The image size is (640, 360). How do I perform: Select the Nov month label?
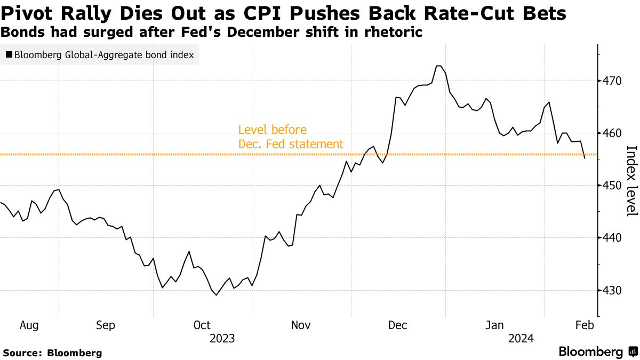coord(301,325)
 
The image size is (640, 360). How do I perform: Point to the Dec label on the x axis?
coord(398,325)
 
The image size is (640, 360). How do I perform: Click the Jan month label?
coord(496,325)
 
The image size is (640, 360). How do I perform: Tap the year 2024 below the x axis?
coord(522,338)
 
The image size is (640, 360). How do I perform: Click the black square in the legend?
coord(9,54)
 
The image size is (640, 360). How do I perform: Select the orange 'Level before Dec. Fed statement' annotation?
coord(291,137)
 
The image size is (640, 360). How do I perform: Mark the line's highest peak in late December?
coord(439,66)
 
